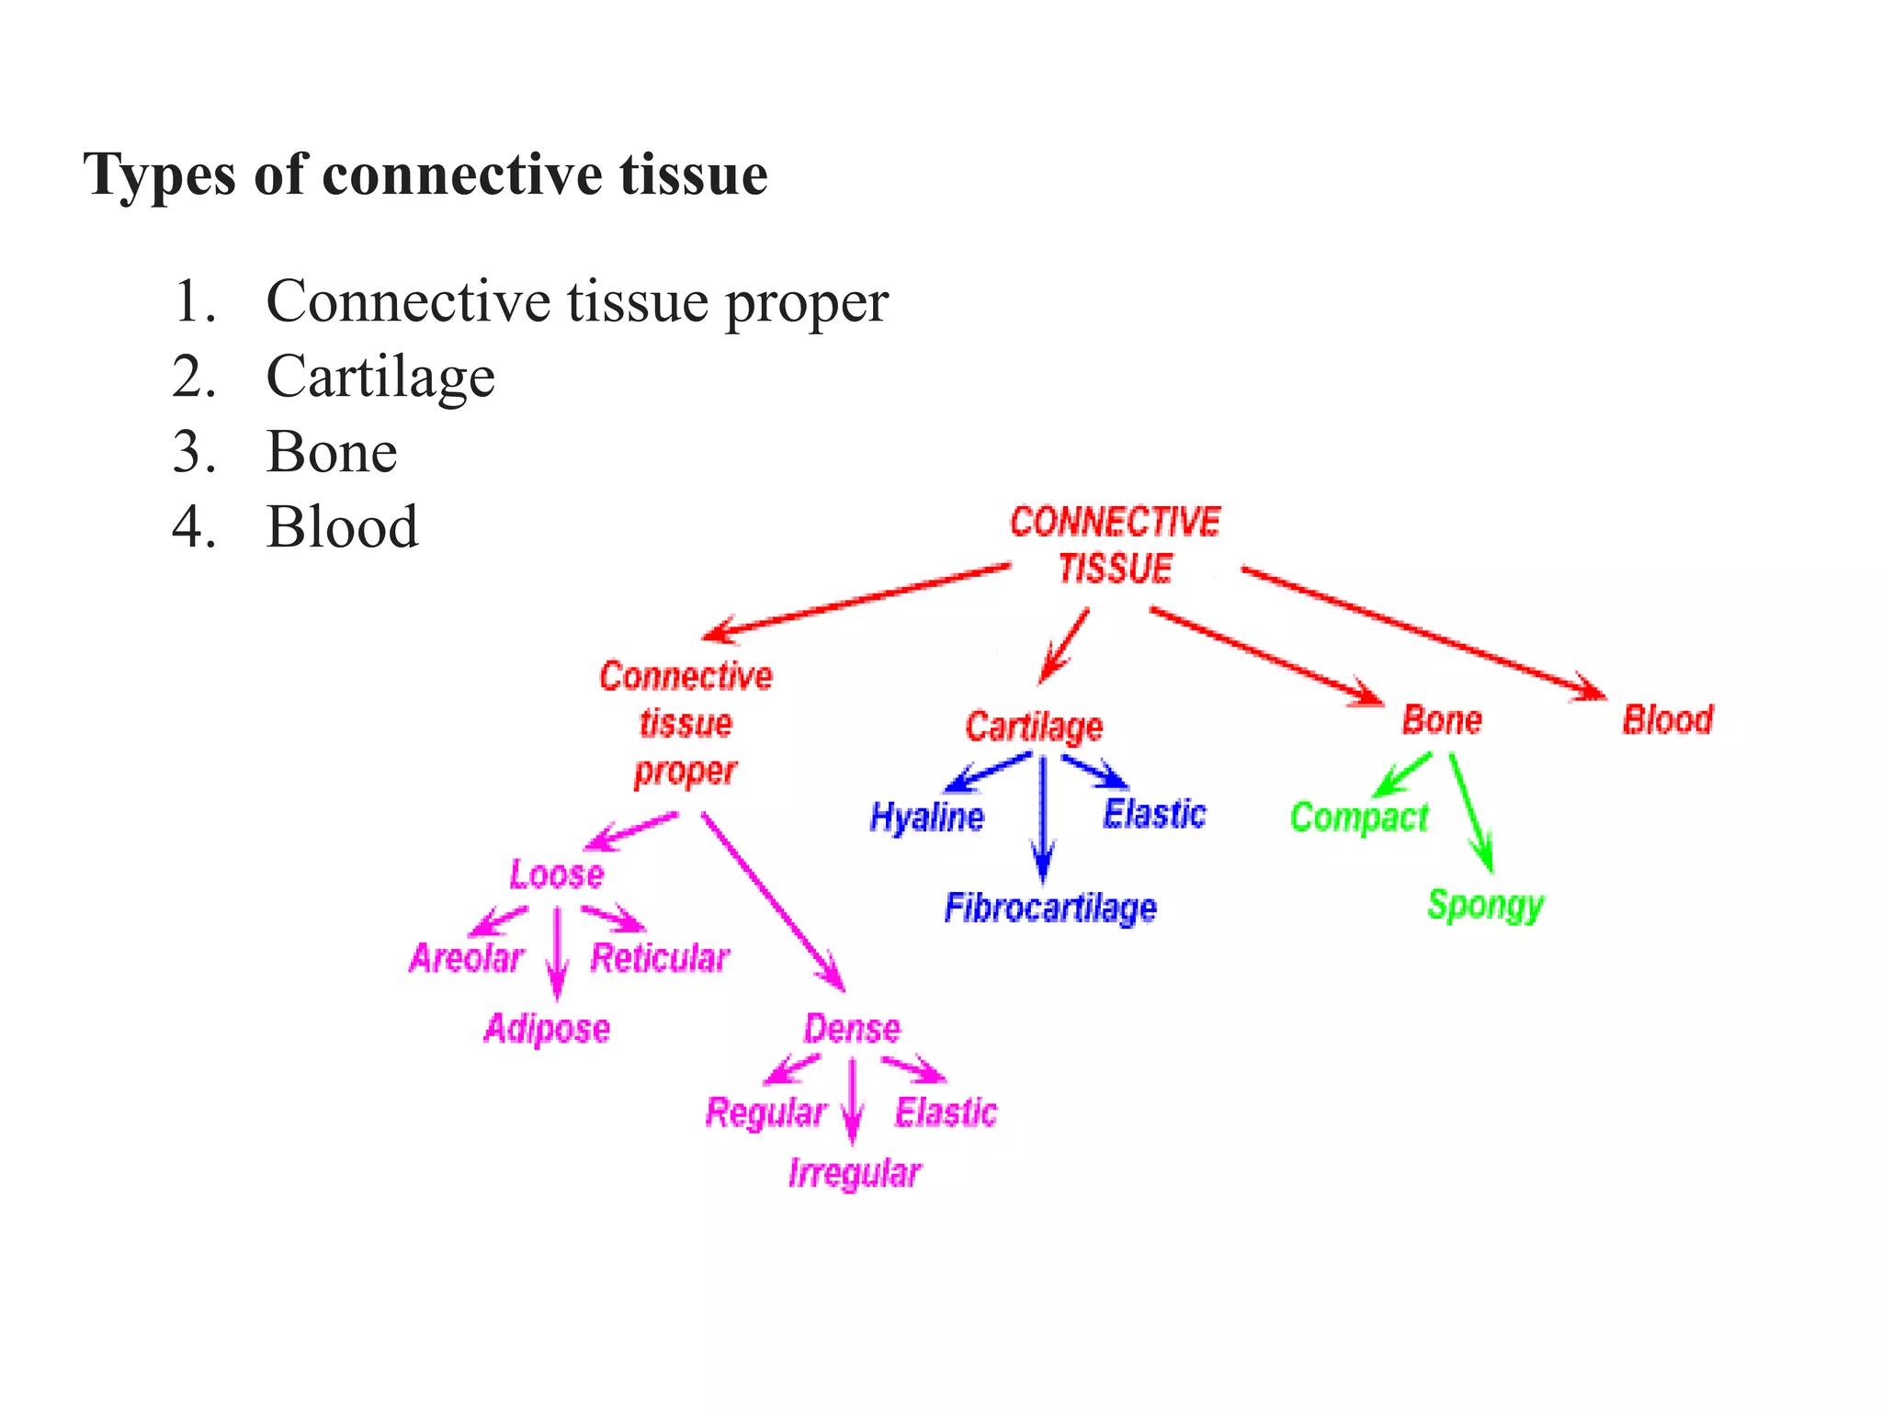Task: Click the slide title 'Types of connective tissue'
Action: (425, 175)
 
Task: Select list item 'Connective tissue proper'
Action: (576, 301)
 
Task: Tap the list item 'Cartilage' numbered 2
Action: (380, 377)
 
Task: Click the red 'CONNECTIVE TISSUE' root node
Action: (1115, 545)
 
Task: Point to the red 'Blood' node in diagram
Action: (1667, 719)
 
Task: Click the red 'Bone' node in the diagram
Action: (1442, 719)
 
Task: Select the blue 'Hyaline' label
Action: (926, 817)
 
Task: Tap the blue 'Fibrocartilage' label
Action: (1050, 908)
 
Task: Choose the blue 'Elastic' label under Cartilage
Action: (1154, 814)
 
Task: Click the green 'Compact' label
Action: (1359, 817)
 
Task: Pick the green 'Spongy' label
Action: (1485, 905)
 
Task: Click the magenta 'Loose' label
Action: (557, 874)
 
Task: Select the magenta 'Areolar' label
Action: (466, 958)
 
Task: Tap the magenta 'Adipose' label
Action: (547, 1029)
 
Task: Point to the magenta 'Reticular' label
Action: (660, 958)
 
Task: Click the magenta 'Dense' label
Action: (852, 1028)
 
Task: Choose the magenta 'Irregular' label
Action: (855, 1174)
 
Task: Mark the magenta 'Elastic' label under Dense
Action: (946, 1112)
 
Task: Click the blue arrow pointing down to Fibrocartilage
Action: (1042, 818)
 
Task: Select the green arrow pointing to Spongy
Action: (1470, 813)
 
